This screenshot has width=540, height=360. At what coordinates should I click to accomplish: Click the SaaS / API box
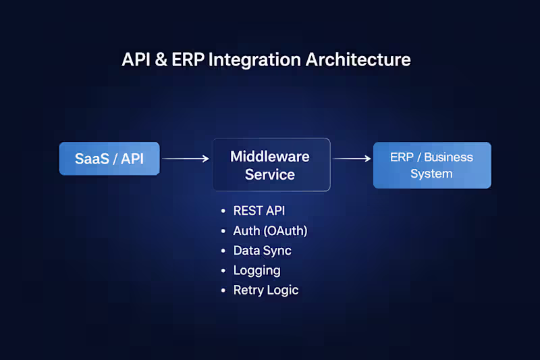tap(109, 159)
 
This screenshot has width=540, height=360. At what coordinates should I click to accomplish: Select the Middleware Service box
tap(271, 165)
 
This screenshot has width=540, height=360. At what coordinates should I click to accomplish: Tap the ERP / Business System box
tap(432, 165)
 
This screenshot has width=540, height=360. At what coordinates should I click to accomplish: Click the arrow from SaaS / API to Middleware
tap(186, 159)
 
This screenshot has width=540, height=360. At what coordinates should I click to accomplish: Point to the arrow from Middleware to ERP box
tap(352, 159)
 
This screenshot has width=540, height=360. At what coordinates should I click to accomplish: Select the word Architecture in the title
tap(358, 59)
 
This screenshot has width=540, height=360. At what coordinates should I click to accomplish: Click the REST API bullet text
tap(259, 211)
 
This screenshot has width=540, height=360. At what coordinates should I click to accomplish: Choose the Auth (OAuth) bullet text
tap(270, 231)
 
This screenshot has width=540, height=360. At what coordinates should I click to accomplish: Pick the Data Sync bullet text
tap(262, 251)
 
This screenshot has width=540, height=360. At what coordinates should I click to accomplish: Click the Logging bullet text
tap(256, 270)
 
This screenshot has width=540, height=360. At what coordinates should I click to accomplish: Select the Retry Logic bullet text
tap(265, 290)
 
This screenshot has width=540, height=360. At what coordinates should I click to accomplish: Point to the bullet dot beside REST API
tap(223, 211)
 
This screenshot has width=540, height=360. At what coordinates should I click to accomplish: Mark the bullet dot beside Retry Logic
tap(223, 290)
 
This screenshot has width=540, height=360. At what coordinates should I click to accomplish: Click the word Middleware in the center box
tap(270, 157)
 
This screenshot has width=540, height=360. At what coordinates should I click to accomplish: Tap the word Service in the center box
tap(270, 174)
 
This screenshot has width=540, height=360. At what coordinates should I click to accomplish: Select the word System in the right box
tap(431, 174)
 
